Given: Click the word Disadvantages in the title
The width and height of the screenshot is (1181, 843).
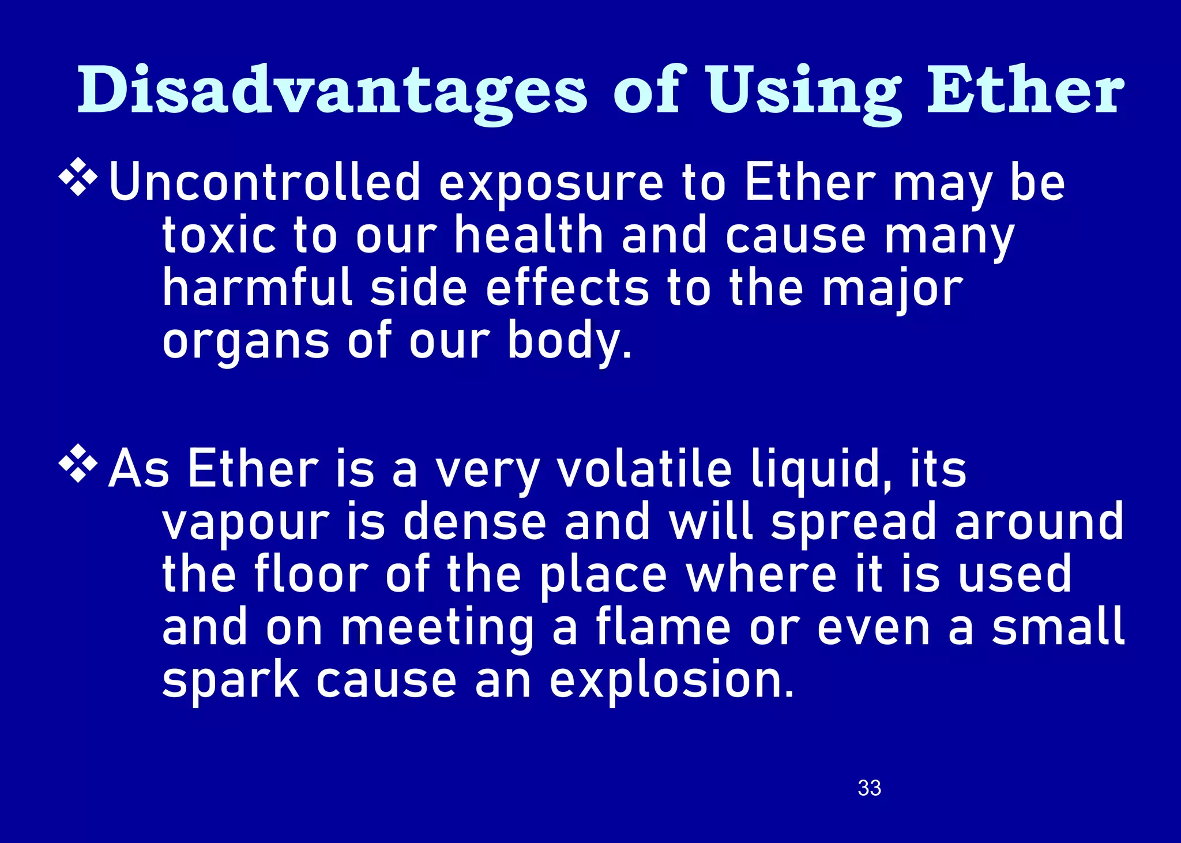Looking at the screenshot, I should pos(332,91).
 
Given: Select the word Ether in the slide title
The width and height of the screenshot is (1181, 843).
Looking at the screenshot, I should pos(1025,91).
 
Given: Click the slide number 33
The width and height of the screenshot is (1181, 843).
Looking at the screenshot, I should pos(869,788).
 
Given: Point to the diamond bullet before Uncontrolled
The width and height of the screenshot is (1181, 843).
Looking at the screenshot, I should pos(78,179).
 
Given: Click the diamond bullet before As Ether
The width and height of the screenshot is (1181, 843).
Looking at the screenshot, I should pos(78,464).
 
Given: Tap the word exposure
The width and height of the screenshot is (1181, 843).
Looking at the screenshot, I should pos(551,185).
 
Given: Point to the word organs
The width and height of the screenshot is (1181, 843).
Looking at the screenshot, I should pos(246,341).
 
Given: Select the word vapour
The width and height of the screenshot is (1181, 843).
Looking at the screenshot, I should pos(245,522).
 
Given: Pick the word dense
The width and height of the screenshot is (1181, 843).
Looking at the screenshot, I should pos(474,521).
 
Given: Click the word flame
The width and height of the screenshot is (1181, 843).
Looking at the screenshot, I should pos(663,626).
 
